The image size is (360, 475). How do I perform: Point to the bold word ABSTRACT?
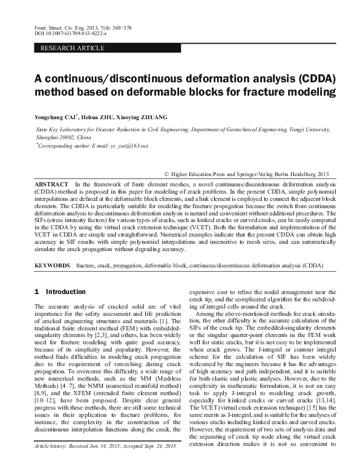[x=50, y=183]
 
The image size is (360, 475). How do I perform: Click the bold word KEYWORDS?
[x=53, y=266]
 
